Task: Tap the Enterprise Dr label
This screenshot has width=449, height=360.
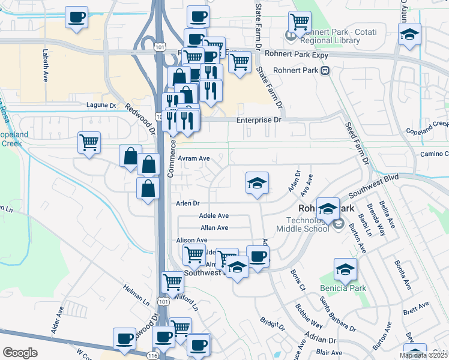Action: click(x=259, y=120)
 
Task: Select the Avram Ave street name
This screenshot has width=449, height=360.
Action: click(x=194, y=158)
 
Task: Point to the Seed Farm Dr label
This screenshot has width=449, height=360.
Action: click(x=357, y=144)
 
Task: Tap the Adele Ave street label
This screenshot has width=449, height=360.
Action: click(x=214, y=215)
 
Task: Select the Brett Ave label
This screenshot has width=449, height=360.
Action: click(x=416, y=310)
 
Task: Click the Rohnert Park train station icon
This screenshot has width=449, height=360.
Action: click(x=325, y=70)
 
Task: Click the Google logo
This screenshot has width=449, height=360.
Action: click(x=20, y=353)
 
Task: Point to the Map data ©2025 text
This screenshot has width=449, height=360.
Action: click(x=423, y=355)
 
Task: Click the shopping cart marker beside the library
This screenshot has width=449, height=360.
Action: click(x=300, y=22)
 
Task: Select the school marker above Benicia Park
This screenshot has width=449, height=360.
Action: click(x=345, y=270)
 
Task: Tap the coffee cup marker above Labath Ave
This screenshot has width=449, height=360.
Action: click(x=76, y=17)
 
